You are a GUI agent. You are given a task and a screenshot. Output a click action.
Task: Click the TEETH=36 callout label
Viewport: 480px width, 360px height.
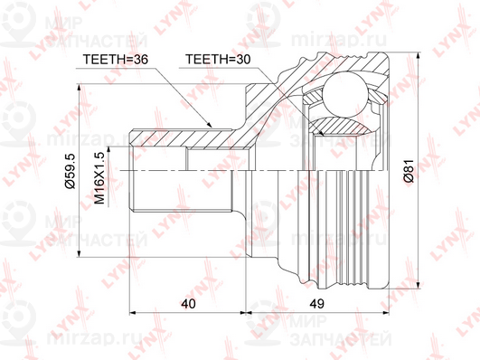(x=116, y=59)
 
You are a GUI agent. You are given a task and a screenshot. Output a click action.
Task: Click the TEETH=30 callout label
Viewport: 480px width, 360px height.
(x=218, y=59)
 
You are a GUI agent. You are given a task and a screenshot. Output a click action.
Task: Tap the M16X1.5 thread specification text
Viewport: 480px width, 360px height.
(x=99, y=178)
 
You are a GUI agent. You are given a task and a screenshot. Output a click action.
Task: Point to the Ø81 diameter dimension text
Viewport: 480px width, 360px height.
(x=409, y=171)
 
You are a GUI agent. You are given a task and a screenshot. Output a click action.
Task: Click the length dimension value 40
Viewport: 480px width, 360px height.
(x=188, y=304)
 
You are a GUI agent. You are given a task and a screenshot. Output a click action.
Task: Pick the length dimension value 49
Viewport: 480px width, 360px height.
(x=316, y=304)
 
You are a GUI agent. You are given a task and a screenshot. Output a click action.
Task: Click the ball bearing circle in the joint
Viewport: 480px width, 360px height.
(x=345, y=94)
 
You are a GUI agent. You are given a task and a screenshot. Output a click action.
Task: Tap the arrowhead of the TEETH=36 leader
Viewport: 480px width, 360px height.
(x=209, y=124)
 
